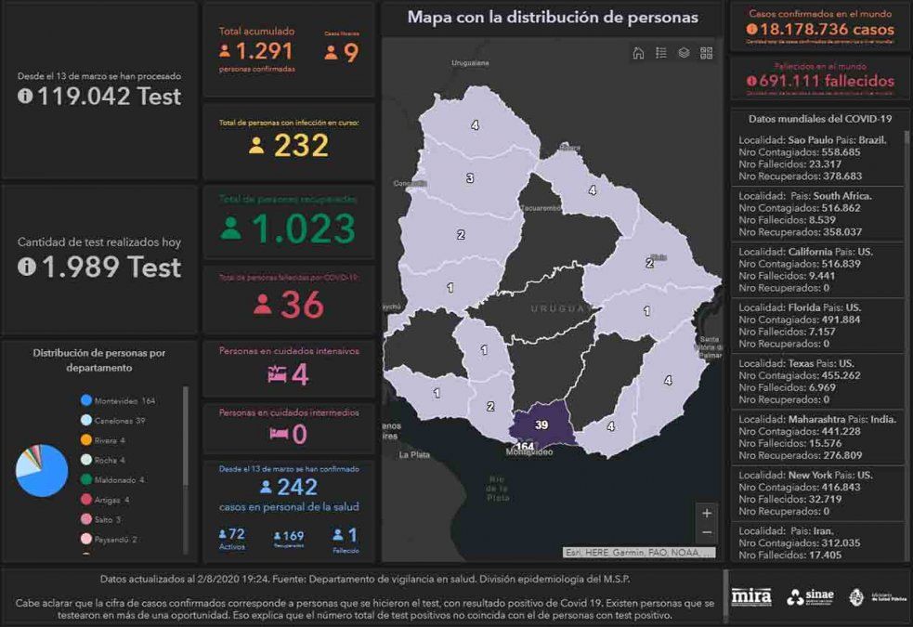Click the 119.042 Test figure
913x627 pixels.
109,95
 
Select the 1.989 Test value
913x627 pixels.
109,268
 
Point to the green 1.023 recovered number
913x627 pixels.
303,229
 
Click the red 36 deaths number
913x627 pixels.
302,304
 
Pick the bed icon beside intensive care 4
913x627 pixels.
277,374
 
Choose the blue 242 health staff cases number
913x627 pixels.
297,487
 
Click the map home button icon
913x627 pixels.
638,53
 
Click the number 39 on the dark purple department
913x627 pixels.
542,425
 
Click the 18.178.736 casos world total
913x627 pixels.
820,30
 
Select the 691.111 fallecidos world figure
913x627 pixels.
820,81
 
